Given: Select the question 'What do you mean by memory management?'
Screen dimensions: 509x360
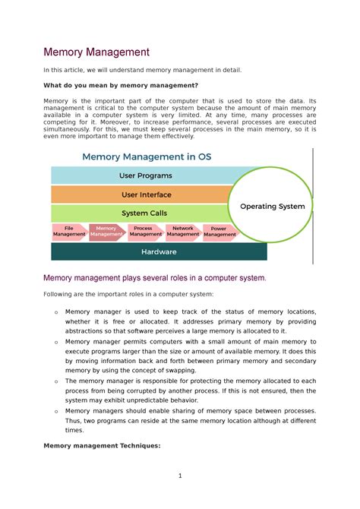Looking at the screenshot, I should (121, 86).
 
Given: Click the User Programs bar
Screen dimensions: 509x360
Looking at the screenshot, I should (144, 175).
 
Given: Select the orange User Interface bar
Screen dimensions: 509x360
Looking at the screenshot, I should (144, 194).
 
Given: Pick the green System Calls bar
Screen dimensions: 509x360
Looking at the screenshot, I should (144, 213).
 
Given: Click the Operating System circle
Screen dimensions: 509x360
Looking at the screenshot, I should (271, 206).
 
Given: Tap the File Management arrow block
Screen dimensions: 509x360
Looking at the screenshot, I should (69, 232).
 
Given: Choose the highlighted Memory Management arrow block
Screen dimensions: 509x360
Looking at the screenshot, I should (106, 232).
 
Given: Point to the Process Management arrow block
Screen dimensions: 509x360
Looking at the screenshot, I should (144, 232).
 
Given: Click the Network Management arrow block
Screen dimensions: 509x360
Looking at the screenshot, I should (182, 232).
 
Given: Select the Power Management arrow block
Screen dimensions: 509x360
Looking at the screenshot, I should (219, 232).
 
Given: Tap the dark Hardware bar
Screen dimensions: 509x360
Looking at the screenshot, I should (159, 251).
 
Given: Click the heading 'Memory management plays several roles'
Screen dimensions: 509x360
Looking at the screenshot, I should (155, 277).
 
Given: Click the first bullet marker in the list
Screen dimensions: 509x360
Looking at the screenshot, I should (55, 312).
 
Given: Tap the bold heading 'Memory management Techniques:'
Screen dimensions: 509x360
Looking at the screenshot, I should (102, 446).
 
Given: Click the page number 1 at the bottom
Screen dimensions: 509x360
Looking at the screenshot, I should (180, 476).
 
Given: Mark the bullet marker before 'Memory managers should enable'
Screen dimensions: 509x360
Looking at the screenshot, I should (55, 410).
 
